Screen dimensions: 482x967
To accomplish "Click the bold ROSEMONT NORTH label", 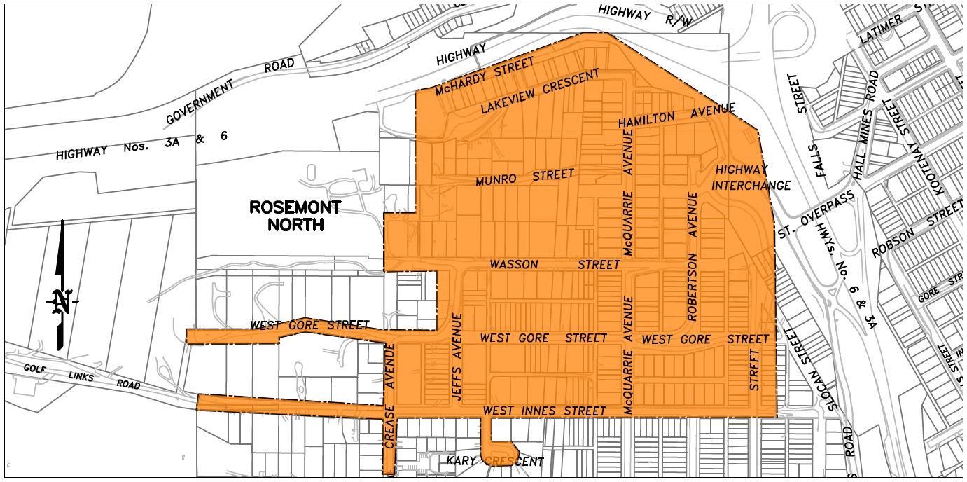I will pos(295,216).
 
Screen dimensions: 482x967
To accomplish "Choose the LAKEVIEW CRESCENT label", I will pos(540,92).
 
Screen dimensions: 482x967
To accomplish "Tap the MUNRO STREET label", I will pos(524,177).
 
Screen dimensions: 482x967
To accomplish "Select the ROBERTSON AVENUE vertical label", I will pos(693,256).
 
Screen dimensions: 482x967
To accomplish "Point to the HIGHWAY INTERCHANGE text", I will pos(751,178).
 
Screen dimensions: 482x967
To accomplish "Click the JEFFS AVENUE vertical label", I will pos(457,356).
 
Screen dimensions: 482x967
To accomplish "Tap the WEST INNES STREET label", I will pos(545,411).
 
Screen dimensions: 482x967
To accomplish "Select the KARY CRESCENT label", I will pos(494,462).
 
